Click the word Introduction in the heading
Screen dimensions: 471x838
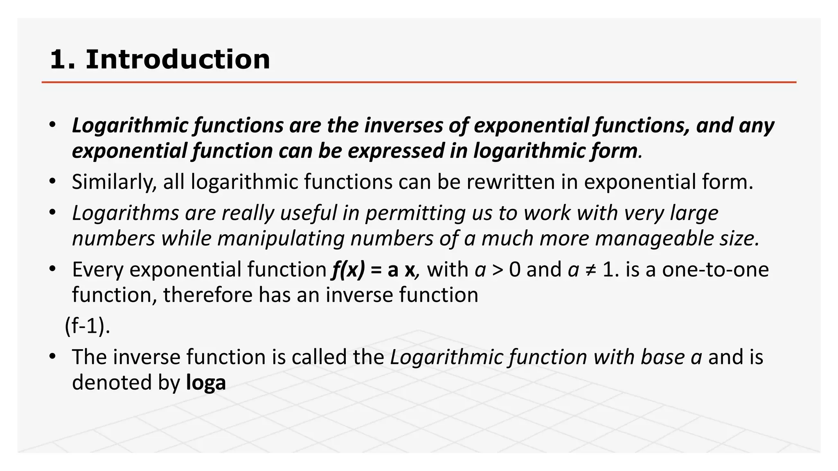178,60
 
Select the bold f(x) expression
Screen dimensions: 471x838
348,270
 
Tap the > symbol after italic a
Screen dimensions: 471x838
498,270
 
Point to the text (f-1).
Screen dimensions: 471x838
87,326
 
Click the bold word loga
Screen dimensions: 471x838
206,383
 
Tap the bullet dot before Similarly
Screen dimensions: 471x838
52,181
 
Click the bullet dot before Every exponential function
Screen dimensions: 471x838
52,269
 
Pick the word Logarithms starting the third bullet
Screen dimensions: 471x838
125,213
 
